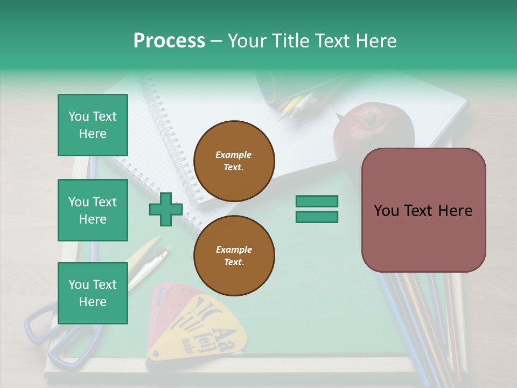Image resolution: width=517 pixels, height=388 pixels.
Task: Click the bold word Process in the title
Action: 169,41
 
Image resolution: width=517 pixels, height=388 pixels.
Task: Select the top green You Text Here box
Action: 93,125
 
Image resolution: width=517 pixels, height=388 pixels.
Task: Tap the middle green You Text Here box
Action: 93,210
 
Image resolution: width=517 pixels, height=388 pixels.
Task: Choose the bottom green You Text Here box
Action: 93,293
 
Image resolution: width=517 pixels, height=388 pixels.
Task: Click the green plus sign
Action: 165,210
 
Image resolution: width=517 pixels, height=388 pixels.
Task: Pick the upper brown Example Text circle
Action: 234,161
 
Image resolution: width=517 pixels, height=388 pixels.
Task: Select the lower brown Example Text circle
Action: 234,255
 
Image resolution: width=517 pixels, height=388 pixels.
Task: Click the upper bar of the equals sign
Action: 317,201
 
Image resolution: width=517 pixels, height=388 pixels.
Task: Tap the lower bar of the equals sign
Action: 317,217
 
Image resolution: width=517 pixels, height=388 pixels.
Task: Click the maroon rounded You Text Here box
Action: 423,210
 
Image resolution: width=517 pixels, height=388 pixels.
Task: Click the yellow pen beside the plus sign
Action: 146,259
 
